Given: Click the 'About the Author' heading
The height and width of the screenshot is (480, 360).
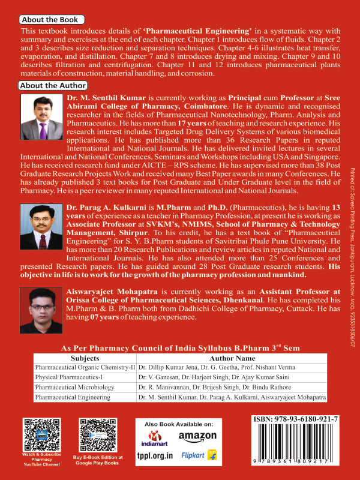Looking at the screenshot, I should [53, 86].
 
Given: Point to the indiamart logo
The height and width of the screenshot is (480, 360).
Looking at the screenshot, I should [156, 438].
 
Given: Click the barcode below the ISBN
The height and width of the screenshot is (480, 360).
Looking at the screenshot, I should [293, 443].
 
